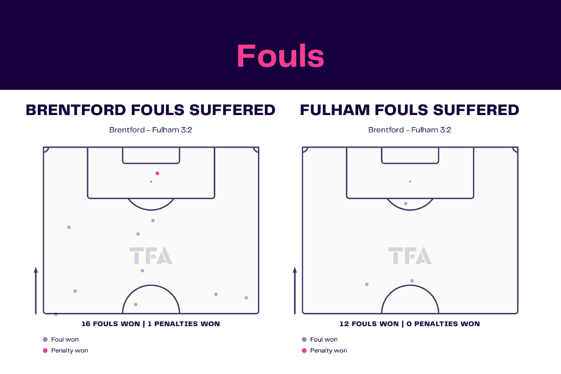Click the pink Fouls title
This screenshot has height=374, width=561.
pyautogui.click(x=280, y=56)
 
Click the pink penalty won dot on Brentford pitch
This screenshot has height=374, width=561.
pyautogui.click(x=157, y=173)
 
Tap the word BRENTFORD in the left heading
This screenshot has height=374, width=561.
pyautogui.click(x=76, y=110)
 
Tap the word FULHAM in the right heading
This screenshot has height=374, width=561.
pyautogui.click(x=335, y=110)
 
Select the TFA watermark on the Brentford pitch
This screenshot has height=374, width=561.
pyautogui.click(x=151, y=255)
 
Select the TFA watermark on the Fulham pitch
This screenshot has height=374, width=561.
pyautogui.click(x=410, y=255)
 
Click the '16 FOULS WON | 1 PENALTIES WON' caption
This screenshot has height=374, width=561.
pyautogui.click(x=151, y=324)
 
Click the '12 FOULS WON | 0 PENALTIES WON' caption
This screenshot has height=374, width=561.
pyautogui.click(x=410, y=324)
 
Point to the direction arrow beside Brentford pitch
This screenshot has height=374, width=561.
pyautogui.click(x=36, y=290)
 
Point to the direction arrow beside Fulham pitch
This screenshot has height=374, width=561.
pyautogui.click(x=295, y=290)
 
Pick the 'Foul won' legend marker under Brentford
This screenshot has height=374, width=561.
pyautogui.click(x=45, y=340)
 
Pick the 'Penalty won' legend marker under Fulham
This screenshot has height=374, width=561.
pyautogui.click(x=304, y=351)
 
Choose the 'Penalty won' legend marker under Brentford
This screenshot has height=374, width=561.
pyautogui.click(x=45, y=351)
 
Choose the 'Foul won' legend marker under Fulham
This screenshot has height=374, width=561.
pyautogui.click(x=304, y=340)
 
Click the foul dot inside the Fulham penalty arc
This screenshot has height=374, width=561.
pyautogui.click(x=406, y=204)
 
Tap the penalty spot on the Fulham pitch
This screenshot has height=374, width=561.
pyautogui.click(x=410, y=181)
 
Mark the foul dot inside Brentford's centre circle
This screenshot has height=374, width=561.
pyautogui.click(x=136, y=305)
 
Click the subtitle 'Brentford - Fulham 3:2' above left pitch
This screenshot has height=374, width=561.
pyautogui.click(x=151, y=130)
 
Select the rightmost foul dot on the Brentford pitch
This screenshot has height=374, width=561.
pyautogui.click(x=246, y=298)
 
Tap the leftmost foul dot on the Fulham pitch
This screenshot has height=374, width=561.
pyautogui.click(x=367, y=285)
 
